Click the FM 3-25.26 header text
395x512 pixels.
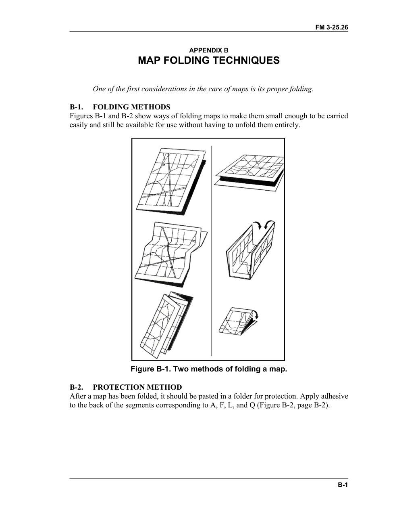click(331, 27)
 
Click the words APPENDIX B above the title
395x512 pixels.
click(209, 50)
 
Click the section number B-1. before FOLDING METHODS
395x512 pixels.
click(77, 107)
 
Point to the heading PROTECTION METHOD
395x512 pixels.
click(137, 387)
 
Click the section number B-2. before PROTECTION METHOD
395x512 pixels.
click(77, 387)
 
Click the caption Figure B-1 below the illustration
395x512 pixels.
click(209, 369)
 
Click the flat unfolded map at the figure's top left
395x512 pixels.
click(171, 181)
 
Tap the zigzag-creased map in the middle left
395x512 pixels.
click(171, 254)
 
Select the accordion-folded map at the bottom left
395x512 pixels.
click(166, 326)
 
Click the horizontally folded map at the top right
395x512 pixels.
click(249, 173)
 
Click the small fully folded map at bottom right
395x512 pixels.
click(237, 321)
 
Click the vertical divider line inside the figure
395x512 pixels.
click(212, 251)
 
